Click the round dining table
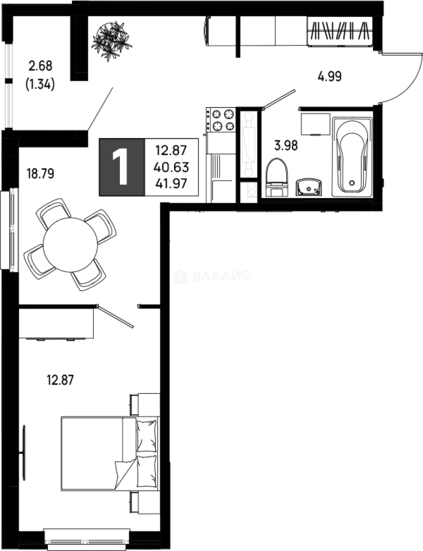tap(70, 245)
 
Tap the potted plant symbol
tap(111, 39)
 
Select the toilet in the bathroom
tap(277, 176)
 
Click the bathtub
tap(352, 156)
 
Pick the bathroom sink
tap(309, 187)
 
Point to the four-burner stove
tap(220, 119)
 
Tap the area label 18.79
tap(40, 173)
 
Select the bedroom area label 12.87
tap(61, 380)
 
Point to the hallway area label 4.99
tap(329, 77)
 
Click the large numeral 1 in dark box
tap(122, 167)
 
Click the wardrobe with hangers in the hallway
tap(340, 32)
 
